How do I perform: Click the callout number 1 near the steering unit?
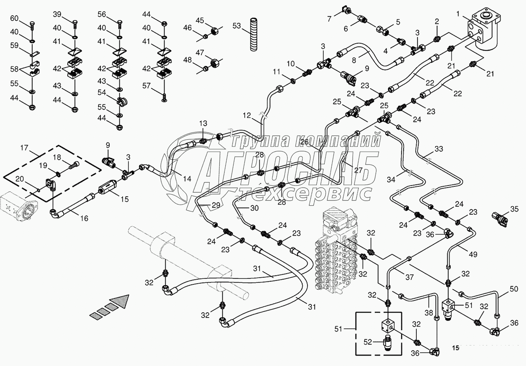pyautogui.click(x=458, y=15)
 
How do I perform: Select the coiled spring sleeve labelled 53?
pyautogui.click(x=254, y=34)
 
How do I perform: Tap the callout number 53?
pyautogui.click(x=237, y=26)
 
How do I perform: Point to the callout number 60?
pyautogui.click(x=14, y=18)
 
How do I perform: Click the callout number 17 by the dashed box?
pyautogui.click(x=24, y=148)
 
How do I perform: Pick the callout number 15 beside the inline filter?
pyautogui.click(x=124, y=199)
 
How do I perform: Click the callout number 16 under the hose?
pyautogui.click(x=84, y=218)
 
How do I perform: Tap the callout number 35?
pyautogui.click(x=514, y=209)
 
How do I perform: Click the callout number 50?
pyautogui.click(x=514, y=288)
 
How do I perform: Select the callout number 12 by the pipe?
pyautogui.click(x=247, y=116)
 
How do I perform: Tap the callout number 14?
pyautogui.click(x=187, y=179)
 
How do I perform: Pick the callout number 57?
pyautogui.click(x=147, y=86)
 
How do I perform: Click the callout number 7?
pyautogui.click(x=329, y=19)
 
